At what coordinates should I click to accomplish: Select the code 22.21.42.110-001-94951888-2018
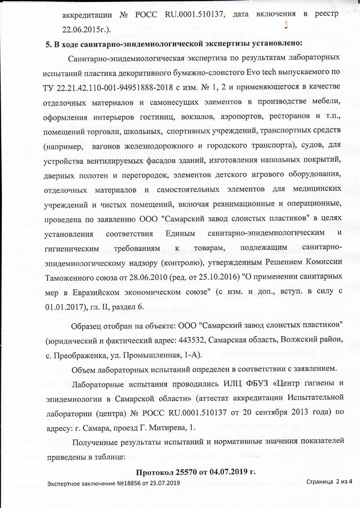tap(108, 86)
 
